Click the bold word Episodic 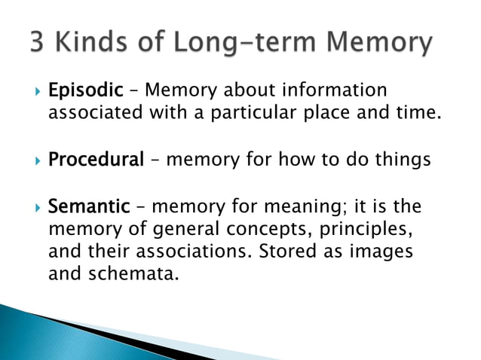click(x=85, y=91)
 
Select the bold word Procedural click(x=95, y=160)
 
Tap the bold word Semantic click(x=89, y=206)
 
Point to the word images click(x=382, y=252)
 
